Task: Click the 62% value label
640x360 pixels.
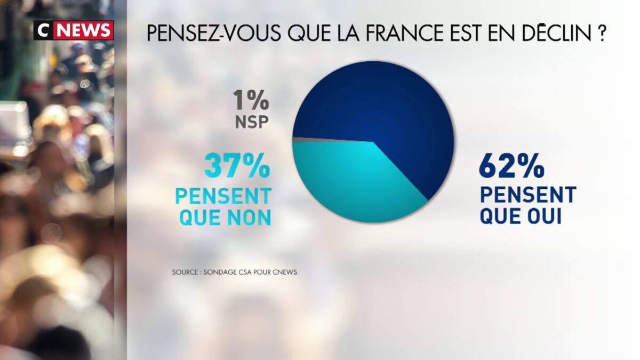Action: tap(511, 167)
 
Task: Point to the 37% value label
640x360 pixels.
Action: tap(237, 167)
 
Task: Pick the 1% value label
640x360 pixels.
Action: tap(251, 101)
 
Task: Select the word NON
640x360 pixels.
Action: tap(247, 218)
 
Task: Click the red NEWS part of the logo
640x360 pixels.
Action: tap(84, 30)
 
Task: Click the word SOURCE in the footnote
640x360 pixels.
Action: tap(185, 272)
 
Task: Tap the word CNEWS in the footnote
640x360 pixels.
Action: tap(284, 272)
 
